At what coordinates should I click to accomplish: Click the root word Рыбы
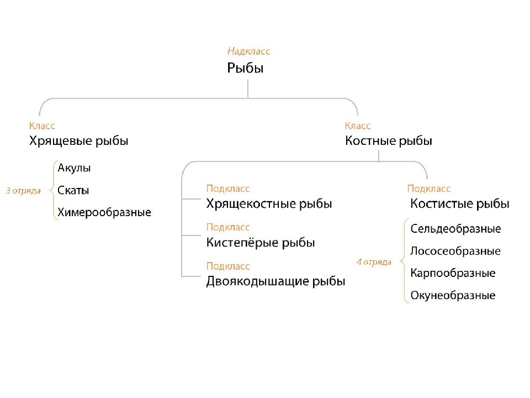[245, 68]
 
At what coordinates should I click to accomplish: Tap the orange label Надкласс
[249, 51]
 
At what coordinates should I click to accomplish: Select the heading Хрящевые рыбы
[79, 141]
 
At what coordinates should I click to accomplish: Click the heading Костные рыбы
[388, 140]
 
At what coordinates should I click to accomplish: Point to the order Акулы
[74, 168]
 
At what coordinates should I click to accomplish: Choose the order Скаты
[73, 190]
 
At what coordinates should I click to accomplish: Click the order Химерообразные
[104, 212]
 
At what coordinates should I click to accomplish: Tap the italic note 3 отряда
[23, 191]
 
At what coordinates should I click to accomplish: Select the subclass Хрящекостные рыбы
[269, 204]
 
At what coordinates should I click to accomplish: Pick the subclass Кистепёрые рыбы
[260, 242]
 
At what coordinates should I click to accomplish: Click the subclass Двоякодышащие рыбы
[275, 281]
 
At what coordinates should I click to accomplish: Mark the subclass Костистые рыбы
[460, 204]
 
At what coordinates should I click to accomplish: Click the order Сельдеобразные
[455, 229]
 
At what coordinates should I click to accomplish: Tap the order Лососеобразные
[455, 251]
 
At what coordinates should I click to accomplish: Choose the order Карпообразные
[453, 274]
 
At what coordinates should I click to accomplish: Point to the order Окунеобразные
[453, 295]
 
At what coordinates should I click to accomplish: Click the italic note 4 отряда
[374, 262]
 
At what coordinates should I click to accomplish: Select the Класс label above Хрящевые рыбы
[42, 126]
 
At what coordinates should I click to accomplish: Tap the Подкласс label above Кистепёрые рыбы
[228, 227]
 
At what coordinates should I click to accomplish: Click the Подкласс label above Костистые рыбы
[428, 189]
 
